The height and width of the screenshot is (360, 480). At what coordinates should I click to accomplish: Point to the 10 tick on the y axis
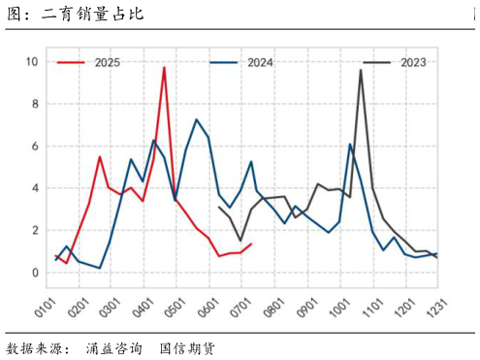tap(32, 62)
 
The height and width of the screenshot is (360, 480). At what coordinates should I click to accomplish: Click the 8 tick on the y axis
tap(35, 104)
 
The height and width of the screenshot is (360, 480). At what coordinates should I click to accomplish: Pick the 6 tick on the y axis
tap(35, 147)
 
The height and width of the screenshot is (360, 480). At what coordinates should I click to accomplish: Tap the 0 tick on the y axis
tap(35, 272)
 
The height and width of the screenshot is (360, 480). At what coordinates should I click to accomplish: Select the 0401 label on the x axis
tap(133, 309)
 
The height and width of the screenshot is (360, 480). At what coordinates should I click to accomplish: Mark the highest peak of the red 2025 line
tap(164, 67)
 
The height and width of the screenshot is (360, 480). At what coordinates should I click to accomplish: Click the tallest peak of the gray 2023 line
tap(361, 69)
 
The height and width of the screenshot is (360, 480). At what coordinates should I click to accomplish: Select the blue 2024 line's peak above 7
tap(197, 119)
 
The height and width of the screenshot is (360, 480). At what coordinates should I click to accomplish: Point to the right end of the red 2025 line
tap(251, 244)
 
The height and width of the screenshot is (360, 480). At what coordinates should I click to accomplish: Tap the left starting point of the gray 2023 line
tap(219, 207)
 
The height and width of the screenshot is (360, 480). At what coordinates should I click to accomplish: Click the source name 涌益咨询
tap(113, 347)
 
